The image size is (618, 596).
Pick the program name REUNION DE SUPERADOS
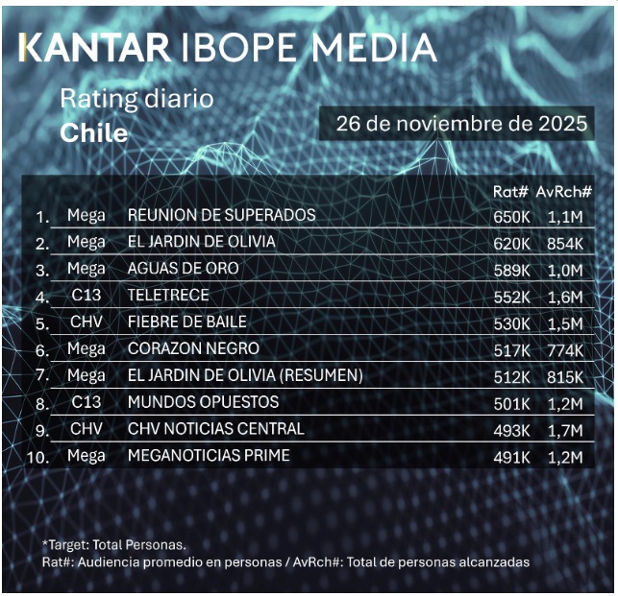click(221, 215)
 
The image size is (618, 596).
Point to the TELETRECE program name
click(168, 295)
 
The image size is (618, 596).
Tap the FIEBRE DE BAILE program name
click(186, 322)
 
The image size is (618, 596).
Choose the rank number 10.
click(39, 457)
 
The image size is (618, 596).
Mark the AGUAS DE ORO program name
click(183, 268)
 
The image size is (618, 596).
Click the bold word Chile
click(93, 132)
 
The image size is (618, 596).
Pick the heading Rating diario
click(136, 99)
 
